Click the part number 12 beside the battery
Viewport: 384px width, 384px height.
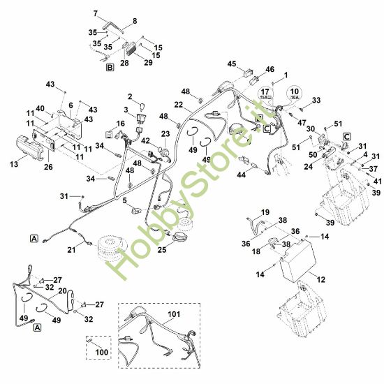pos(321,279)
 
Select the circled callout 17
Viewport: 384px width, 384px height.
pos(265,94)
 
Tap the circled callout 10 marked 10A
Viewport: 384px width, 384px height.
pos(295,94)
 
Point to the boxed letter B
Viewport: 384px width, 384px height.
pos(110,67)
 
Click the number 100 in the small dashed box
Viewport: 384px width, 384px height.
pos(102,352)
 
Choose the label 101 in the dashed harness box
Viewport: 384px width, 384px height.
pos(174,314)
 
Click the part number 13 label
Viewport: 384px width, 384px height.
pos(14,164)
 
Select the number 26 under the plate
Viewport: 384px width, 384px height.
pos(48,167)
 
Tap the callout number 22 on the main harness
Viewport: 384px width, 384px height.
pos(179,105)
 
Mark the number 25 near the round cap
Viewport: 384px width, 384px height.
pos(162,249)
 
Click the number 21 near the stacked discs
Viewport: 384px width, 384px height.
pos(71,250)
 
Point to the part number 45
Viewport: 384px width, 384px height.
pos(232,64)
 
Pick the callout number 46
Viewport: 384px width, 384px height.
pos(270,69)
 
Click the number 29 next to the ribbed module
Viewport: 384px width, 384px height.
pos(148,62)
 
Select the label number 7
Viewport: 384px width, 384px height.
pos(96,13)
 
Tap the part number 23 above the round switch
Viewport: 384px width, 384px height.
pos(165,134)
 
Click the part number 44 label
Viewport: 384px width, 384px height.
pos(242,175)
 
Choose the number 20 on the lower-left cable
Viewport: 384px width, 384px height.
pos(62,290)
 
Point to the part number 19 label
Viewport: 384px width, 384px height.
pos(265,212)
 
